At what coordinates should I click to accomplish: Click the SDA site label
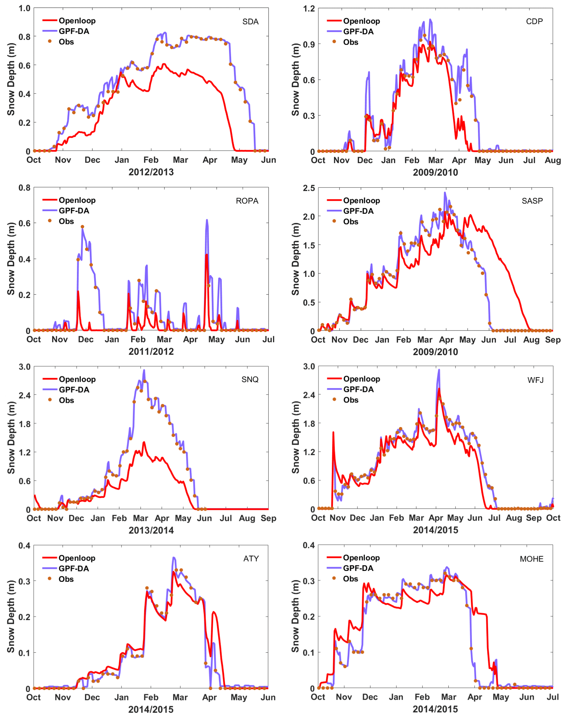click(250, 22)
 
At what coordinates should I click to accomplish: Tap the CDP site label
click(534, 21)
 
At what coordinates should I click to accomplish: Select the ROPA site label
click(247, 201)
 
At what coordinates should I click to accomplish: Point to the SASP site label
click(532, 201)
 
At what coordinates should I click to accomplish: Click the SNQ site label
click(250, 379)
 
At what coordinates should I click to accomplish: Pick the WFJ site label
click(535, 380)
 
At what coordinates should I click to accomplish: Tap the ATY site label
click(251, 559)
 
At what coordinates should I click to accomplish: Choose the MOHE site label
click(532, 559)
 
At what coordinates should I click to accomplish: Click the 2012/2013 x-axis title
click(151, 172)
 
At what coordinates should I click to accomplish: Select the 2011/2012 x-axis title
click(151, 351)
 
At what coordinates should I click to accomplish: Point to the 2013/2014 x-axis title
click(151, 530)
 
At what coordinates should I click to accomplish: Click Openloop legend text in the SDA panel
click(77, 21)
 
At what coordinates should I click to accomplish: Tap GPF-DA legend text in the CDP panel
click(358, 32)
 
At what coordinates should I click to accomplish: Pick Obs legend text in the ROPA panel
click(66, 221)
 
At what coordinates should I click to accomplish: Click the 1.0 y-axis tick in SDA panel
click(25, 8)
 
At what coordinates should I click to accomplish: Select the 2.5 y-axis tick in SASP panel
click(309, 188)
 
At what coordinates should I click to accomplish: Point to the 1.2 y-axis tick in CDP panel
click(309, 8)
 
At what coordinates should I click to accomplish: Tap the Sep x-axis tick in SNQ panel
click(269, 518)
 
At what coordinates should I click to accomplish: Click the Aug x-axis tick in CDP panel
click(553, 160)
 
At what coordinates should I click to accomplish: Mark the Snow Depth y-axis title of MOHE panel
click(295, 616)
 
